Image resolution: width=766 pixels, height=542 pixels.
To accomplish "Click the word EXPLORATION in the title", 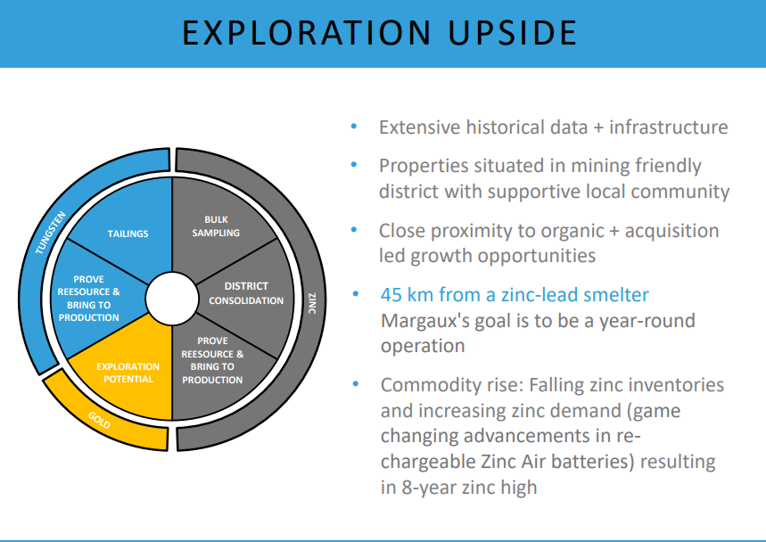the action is [306, 33].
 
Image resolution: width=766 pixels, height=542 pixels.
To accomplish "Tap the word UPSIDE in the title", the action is [513, 33].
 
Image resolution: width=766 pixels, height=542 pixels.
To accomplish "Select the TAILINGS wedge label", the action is [128, 234].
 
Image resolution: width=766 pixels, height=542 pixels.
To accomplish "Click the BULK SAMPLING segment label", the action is [216, 226].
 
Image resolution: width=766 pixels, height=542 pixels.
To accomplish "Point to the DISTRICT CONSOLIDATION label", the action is [246, 293].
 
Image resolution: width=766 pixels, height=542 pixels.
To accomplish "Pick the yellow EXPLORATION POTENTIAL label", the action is [128, 373].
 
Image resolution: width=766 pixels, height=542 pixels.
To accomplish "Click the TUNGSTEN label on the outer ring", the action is [50, 233].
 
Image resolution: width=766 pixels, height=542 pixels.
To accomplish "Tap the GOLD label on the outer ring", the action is [99, 420].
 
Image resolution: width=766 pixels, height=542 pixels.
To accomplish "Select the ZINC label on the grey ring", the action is [312, 303].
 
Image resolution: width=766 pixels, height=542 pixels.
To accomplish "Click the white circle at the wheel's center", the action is [172, 299].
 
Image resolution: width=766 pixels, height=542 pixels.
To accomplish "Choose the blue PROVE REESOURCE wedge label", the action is [88, 299].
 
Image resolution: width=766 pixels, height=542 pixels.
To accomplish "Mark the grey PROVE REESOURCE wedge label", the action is [212, 360].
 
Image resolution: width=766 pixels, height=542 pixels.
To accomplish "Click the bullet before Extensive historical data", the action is [354, 127].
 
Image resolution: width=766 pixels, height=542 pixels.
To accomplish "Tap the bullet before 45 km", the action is [355, 294].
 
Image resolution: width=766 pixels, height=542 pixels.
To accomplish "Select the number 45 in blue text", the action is [391, 295].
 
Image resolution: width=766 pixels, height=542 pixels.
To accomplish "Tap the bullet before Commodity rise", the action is [355, 384].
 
